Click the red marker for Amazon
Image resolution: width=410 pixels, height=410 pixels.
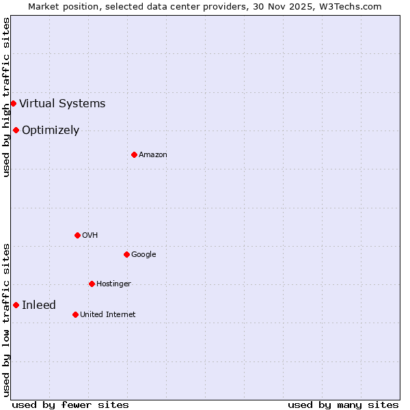(x=134, y=154)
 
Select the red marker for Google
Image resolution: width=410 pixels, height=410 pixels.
(x=126, y=254)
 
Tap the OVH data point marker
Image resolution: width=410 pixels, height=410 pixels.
(x=77, y=235)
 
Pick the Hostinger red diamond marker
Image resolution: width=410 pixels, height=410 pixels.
(x=92, y=284)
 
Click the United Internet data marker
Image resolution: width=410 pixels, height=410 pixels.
(x=75, y=314)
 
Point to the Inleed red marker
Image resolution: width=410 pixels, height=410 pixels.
(x=16, y=305)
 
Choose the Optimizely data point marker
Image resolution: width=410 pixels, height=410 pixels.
(x=16, y=130)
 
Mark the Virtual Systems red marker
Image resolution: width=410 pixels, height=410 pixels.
(x=13, y=103)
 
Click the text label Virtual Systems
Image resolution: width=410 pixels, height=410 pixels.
(x=62, y=104)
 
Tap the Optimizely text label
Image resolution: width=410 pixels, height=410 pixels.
(x=51, y=131)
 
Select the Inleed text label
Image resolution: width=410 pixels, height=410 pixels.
(x=39, y=305)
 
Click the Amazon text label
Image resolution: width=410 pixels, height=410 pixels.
(x=153, y=155)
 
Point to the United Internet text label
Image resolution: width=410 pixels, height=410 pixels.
(x=108, y=315)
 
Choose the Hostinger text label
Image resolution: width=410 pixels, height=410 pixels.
(x=113, y=284)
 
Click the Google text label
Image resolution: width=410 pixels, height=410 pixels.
(x=143, y=255)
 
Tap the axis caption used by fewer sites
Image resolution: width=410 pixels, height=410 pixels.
(x=70, y=405)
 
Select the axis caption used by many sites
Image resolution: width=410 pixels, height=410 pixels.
(x=343, y=405)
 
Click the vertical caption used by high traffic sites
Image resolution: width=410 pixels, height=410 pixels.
(x=6, y=97)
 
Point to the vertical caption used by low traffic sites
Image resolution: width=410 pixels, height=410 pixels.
(x=6, y=319)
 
